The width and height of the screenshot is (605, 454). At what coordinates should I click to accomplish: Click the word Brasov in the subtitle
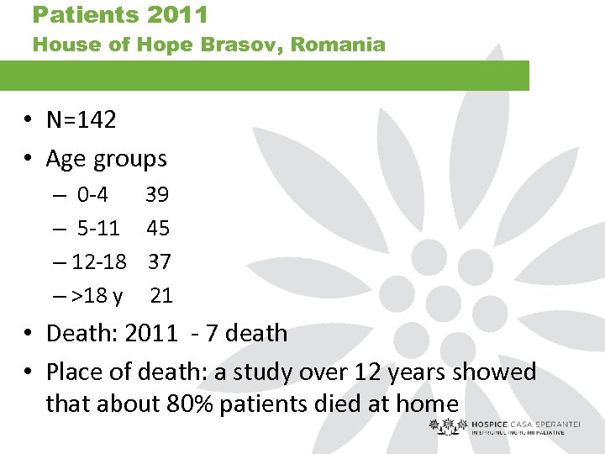pos(240,45)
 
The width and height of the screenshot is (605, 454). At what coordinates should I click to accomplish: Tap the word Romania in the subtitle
pos(341,45)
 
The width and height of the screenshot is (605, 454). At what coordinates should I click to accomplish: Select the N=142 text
pos(81,119)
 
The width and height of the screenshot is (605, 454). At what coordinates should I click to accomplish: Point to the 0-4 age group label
pos(92,195)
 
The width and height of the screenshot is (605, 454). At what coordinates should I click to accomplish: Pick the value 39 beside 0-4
pos(157,195)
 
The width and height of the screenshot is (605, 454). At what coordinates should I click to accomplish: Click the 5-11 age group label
pos(98,228)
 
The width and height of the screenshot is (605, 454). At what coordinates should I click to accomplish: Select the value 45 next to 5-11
pos(158,228)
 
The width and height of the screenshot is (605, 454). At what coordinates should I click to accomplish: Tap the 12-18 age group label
pos(99,261)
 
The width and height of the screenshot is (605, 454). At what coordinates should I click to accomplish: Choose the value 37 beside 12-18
pos(160,261)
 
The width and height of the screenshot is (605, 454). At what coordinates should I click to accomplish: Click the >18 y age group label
pos(97,295)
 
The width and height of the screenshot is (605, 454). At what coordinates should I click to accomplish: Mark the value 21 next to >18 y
pos(161,295)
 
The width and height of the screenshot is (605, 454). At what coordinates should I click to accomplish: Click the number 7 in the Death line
pos(207,333)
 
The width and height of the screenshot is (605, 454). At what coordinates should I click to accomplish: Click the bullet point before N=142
pos(28,120)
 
